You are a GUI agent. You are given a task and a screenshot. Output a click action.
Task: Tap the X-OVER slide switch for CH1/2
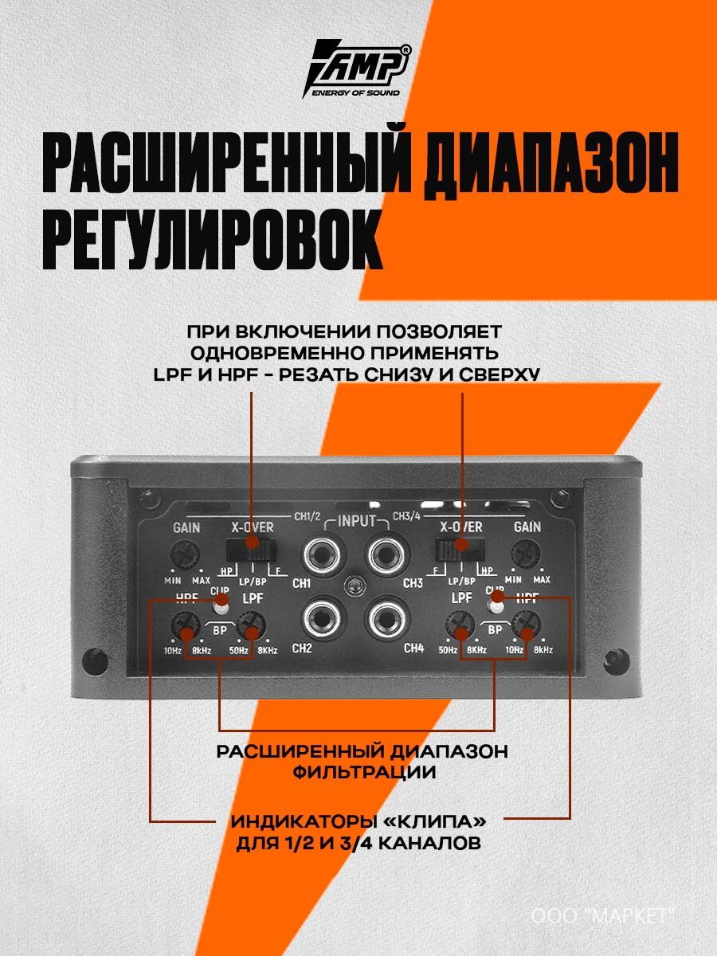tap(252, 548)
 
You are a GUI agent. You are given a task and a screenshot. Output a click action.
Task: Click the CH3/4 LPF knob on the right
tap(461, 634)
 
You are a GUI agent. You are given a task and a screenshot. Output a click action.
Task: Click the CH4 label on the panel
tap(414, 648)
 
